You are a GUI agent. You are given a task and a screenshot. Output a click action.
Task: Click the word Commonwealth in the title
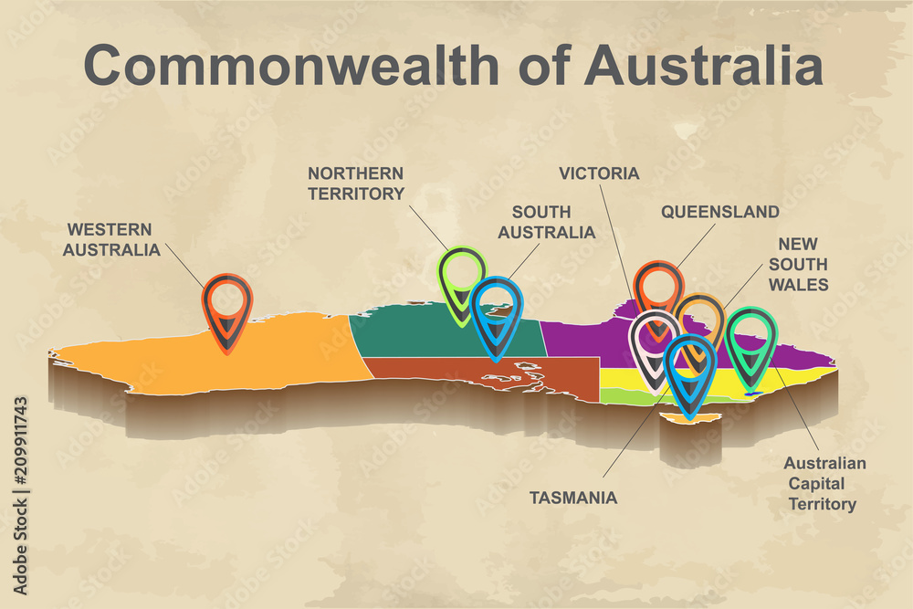point(291,66)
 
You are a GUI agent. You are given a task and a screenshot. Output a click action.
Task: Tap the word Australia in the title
point(702,66)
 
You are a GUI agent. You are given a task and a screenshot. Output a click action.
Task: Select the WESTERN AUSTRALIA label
point(110,238)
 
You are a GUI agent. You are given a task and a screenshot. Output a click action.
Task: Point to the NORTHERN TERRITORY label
point(355,183)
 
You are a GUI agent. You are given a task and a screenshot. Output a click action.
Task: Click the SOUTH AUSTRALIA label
point(546,222)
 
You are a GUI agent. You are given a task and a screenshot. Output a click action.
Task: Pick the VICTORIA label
point(599,173)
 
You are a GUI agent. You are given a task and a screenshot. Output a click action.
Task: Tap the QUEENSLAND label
point(719,212)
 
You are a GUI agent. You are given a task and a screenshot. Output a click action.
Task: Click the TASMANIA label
point(573,498)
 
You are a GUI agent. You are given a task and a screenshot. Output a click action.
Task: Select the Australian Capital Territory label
point(824,483)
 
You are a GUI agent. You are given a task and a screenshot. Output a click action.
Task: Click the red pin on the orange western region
point(227,307)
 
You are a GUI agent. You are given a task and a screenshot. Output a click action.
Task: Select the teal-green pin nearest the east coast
point(751,341)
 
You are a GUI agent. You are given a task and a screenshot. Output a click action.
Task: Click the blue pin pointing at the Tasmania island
point(689,370)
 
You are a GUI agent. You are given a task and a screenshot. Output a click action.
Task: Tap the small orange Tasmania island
point(679,419)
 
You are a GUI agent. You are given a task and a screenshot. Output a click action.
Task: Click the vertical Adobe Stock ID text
point(21,494)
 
